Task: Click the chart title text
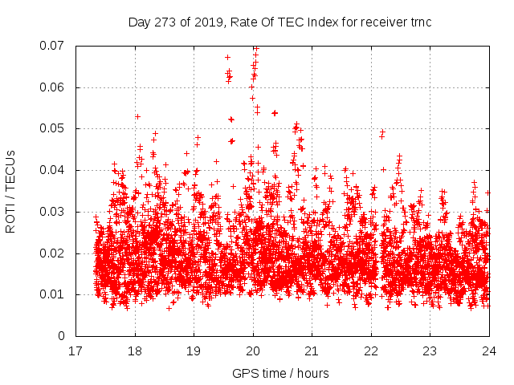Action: (279, 22)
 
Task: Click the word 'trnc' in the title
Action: (420, 22)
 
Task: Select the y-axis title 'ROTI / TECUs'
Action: (11, 191)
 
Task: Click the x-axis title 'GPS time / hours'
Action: (280, 373)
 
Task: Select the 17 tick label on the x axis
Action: (76, 351)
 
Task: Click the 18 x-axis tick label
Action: (135, 351)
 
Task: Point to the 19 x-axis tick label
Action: (194, 351)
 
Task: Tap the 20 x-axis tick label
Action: (253, 351)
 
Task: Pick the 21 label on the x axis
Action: (312, 351)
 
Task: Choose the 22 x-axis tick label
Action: (371, 351)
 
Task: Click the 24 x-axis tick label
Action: (489, 351)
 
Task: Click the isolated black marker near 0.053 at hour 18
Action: (137, 116)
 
